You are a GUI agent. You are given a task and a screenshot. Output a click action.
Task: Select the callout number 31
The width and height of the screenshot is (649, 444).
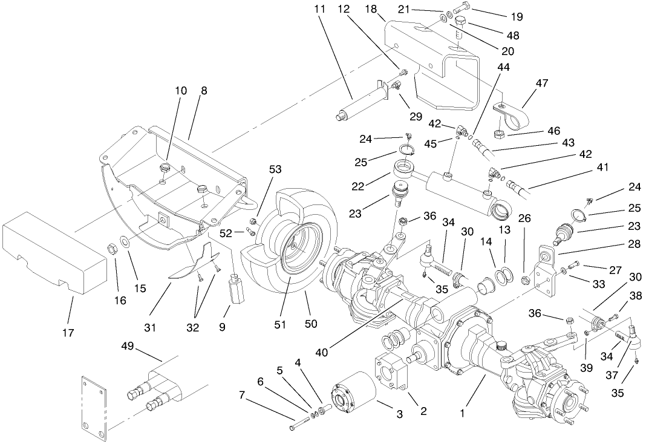(x=150, y=327)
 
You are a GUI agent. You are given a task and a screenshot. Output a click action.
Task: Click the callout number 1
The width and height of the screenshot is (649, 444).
(x=463, y=414)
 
